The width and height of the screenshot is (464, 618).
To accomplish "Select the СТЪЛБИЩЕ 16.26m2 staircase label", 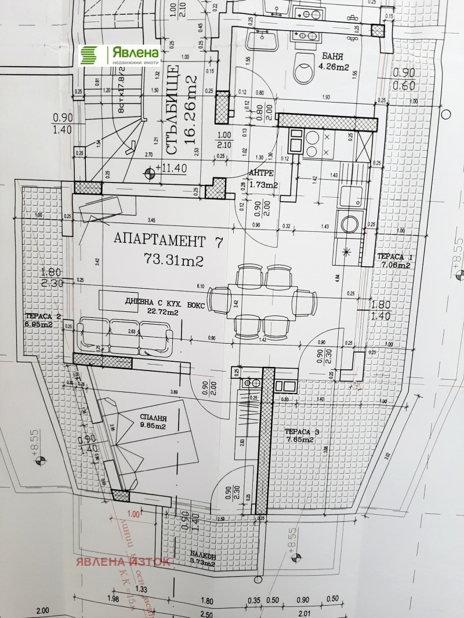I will (182, 110).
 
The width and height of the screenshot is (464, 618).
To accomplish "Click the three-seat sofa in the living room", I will (126, 335).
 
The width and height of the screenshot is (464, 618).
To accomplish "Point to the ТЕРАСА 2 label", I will (42, 320).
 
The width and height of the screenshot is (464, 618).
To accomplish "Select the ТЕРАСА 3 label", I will (302, 435).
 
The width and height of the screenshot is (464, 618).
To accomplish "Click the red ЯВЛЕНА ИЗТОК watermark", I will (121, 561).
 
